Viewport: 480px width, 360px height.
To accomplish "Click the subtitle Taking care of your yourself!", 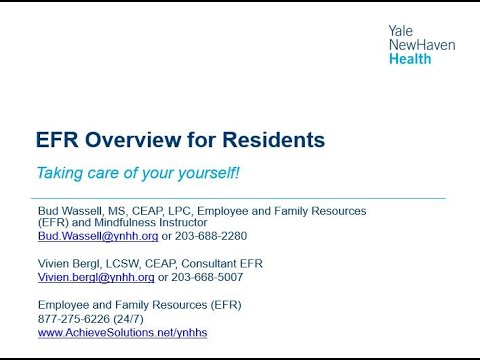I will click(138, 172).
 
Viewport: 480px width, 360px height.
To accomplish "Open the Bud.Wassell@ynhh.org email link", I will click(98, 236).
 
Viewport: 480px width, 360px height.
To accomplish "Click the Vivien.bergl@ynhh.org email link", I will click(96, 277).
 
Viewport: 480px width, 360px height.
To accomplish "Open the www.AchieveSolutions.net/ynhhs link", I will click(122, 332).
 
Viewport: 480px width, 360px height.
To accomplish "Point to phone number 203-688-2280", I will click(211, 236).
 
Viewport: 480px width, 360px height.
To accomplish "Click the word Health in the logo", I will click(410, 59).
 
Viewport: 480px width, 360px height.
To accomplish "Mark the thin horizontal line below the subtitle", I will click(240, 198).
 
